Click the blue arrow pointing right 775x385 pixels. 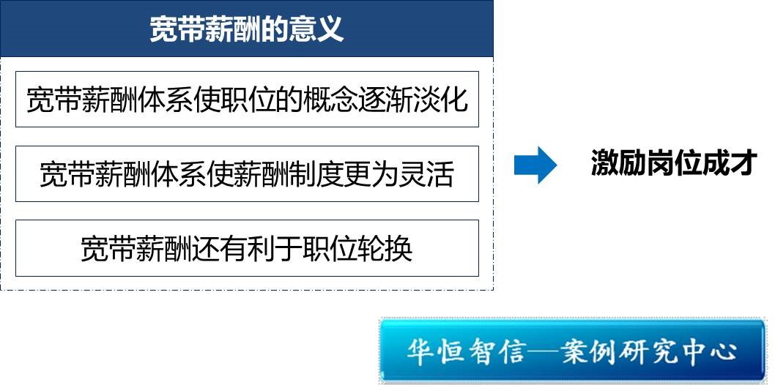535,165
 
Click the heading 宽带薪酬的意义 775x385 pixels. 247,29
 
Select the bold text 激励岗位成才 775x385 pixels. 674,163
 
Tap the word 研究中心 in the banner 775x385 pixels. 683,351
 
